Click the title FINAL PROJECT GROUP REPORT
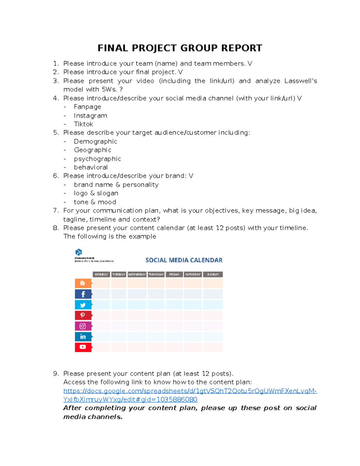(180, 48)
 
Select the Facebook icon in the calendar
(83, 294)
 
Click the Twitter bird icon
(83, 305)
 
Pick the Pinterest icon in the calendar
(83, 315)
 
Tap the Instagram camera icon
(83, 326)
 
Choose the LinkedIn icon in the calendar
(83, 337)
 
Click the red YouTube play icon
(83, 347)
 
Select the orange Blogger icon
(83, 283)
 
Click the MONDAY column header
(101, 274)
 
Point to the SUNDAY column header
(213, 274)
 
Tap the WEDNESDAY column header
(137, 274)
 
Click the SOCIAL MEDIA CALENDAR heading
(184, 260)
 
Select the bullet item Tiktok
(83, 124)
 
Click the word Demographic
(95, 141)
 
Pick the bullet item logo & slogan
(96, 193)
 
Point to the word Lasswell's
(301, 81)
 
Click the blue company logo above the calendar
(79, 252)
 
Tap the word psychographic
(97, 159)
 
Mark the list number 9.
(56, 374)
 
